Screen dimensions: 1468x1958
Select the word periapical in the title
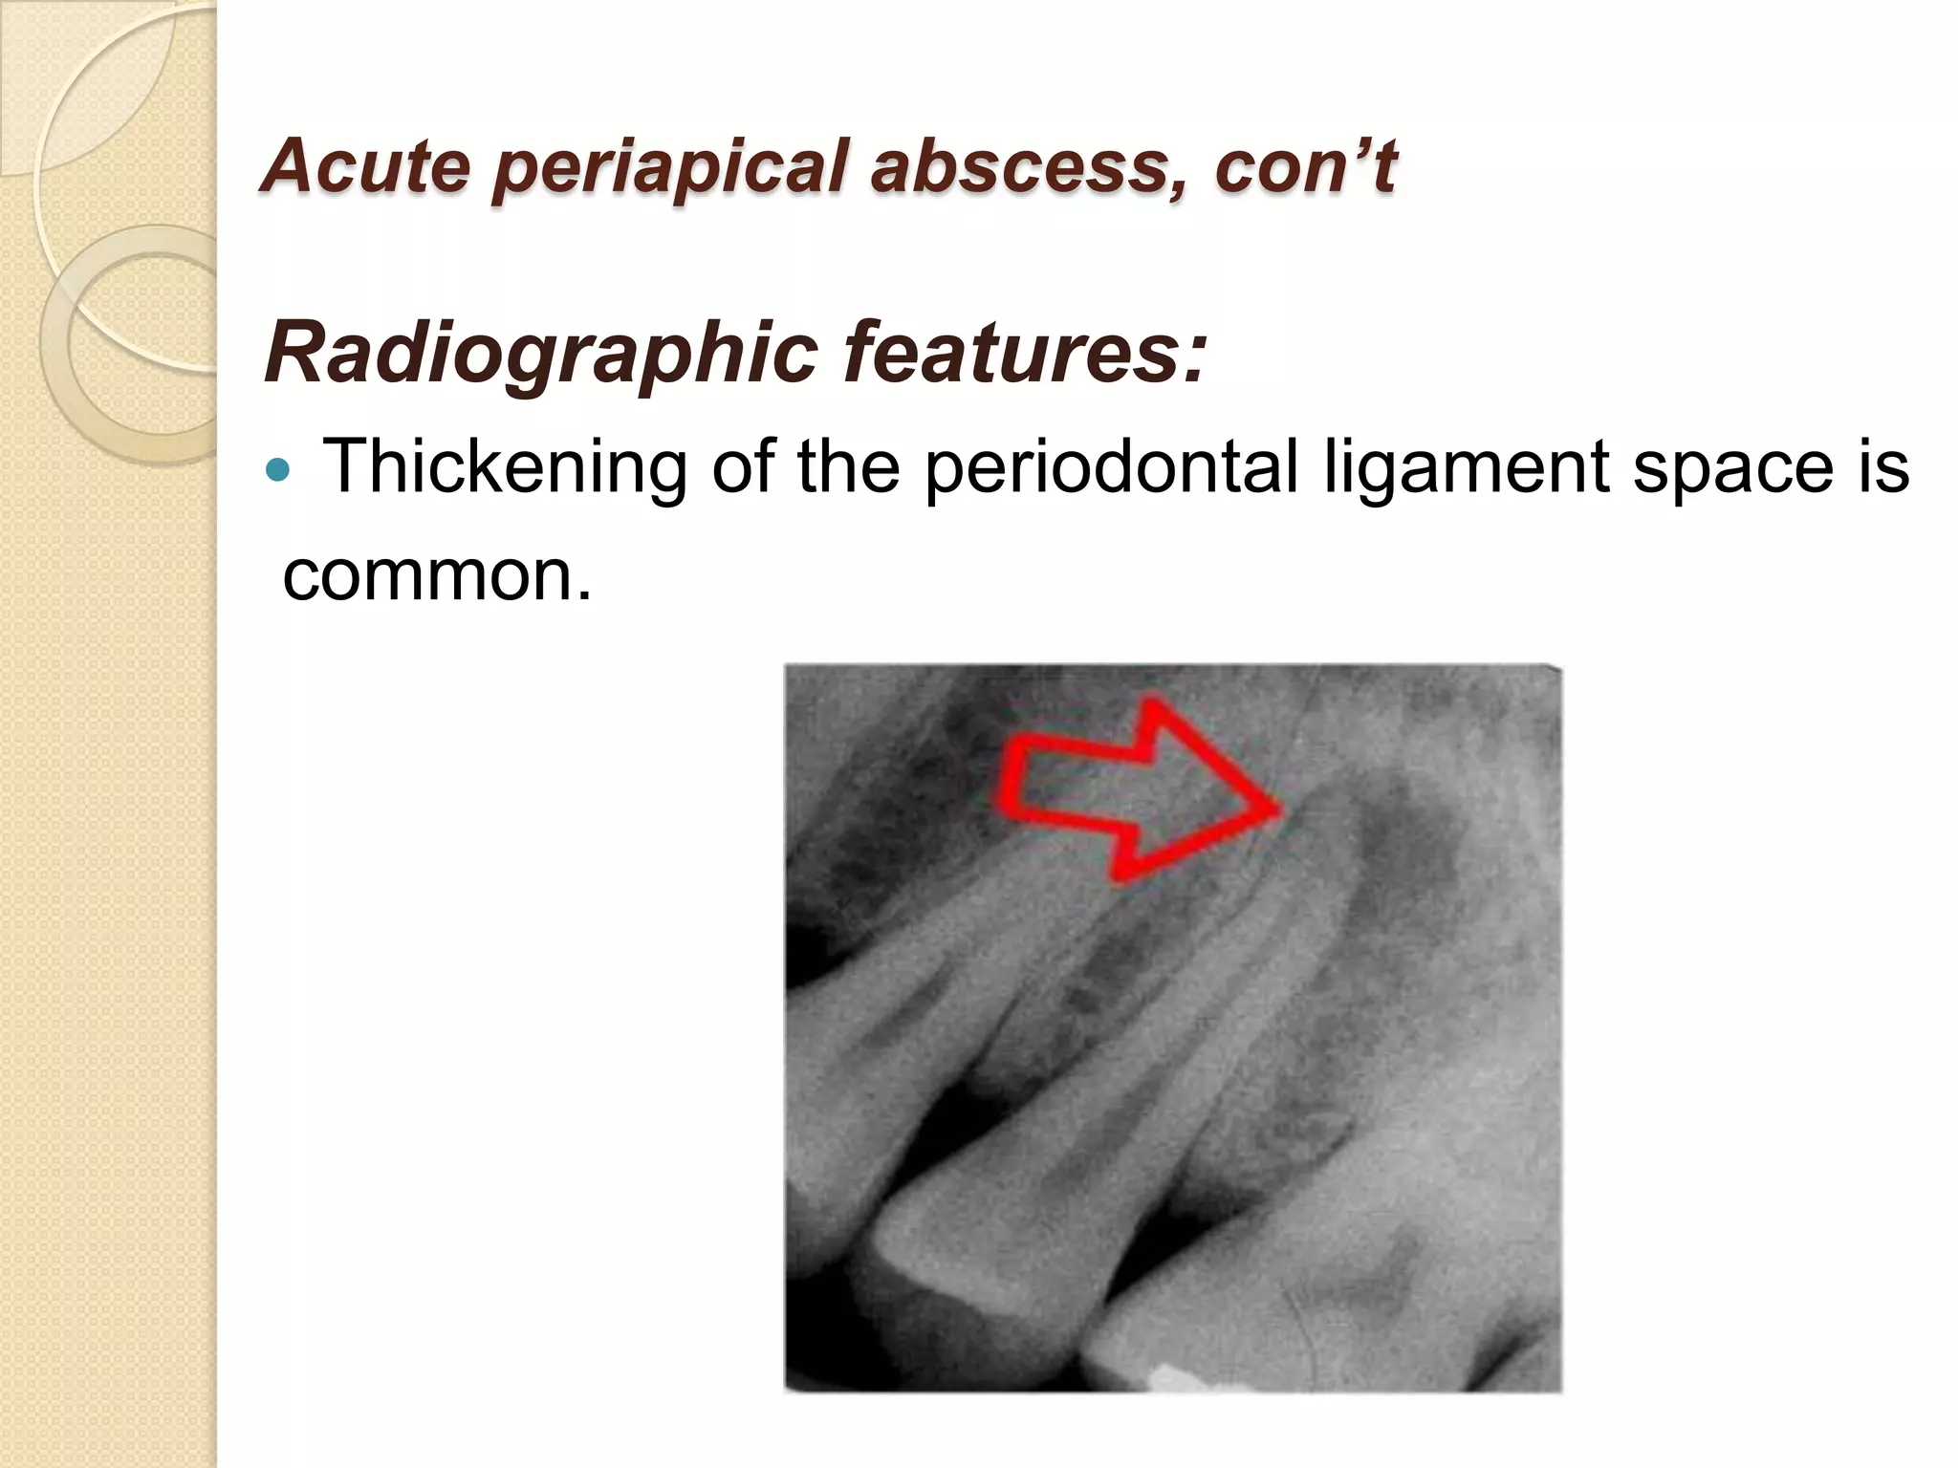point(669,167)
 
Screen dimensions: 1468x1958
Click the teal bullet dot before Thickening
point(278,469)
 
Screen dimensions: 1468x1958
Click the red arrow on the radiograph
point(1128,788)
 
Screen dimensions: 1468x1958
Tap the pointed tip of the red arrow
point(1277,809)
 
